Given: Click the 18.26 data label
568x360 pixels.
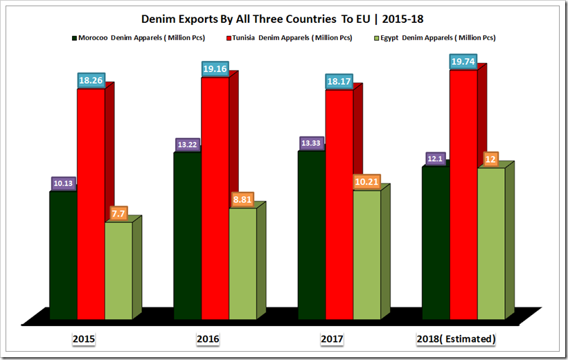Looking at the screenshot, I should (x=91, y=80).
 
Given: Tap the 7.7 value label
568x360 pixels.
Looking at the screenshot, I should (x=119, y=213).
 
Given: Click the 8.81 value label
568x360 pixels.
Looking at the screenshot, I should (x=243, y=199).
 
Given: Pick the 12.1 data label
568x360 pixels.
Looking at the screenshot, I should (x=436, y=159).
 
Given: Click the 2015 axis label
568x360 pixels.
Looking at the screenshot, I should (x=83, y=339).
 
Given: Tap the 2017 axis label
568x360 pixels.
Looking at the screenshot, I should (x=333, y=339).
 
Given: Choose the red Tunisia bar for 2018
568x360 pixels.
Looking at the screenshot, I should (x=464, y=194).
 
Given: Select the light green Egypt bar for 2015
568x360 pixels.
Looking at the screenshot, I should (x=118, y=270).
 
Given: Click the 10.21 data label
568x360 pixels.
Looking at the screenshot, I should (x=366, y=181).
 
